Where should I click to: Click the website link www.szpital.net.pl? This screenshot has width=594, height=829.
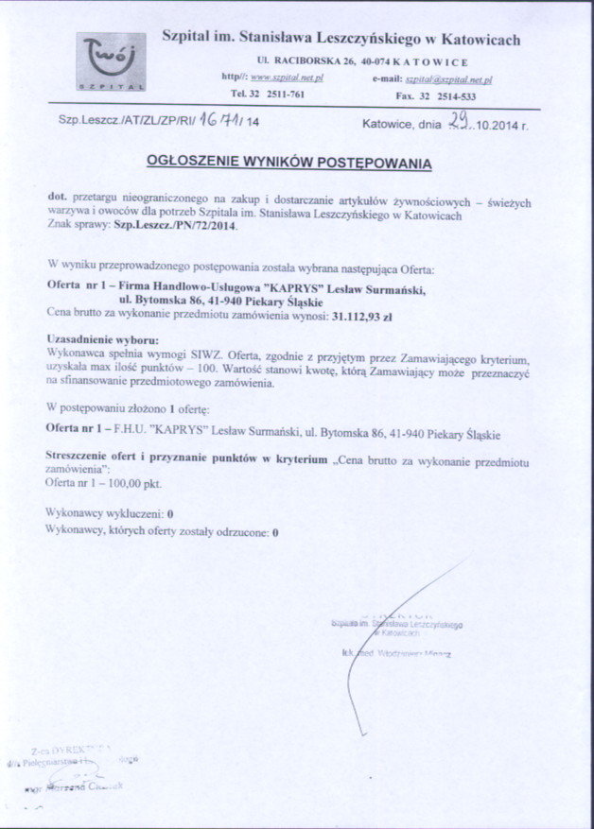287,78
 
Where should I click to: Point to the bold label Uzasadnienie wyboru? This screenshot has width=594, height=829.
102,337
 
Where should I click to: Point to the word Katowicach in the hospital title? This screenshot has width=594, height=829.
478,40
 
